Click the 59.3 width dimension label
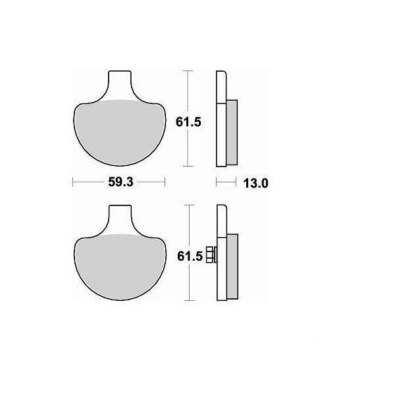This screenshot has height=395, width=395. [120, 182]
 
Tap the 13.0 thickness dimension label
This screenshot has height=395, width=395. [255, 183]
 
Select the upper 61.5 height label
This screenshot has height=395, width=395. [188, 122]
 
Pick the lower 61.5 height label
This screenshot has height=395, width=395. [190, 257]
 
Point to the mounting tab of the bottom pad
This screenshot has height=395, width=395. [120, 219]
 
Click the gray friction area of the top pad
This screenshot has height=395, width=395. [120, 133]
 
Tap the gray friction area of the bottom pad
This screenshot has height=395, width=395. [120, 267]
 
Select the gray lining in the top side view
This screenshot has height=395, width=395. [232, 132]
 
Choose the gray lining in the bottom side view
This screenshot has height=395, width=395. [232, 267]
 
